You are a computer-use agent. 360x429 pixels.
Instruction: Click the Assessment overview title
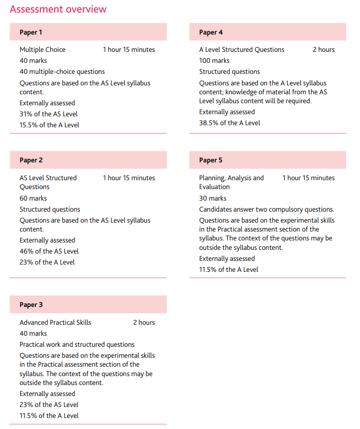click(x=58, y=9)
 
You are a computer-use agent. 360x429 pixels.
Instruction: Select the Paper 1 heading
click(x=31, y=32)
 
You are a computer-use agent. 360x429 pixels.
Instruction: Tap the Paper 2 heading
click(x=31, y=160)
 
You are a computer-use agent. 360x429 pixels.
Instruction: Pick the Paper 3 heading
click(x=31, y=304)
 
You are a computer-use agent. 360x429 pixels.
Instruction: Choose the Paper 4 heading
click(x=211, y=32)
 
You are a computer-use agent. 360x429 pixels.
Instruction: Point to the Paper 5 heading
click(x=211, y=160)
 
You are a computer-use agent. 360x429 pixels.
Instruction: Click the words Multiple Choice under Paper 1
click(x=42, y=50)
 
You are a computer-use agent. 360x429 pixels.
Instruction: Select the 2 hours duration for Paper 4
click(x=323, y=50)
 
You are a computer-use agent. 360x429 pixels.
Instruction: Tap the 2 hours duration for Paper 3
click(x=144, y=323)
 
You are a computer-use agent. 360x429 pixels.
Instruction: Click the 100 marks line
click(x=214, y=61)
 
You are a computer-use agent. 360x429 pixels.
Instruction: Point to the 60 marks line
click(x=33, y=199)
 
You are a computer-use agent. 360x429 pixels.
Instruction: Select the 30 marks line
click(x=213, y=199)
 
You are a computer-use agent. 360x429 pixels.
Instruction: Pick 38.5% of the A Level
click(x=230, y=123)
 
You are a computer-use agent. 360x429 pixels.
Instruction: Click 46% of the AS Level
click(x=49, y=251)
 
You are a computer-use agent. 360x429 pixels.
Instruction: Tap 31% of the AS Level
click(x=49, y=114)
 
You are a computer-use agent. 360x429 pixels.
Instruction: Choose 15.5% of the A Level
click(x=49, y=125)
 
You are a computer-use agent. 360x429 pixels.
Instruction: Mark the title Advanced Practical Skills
click(x=55, y=323)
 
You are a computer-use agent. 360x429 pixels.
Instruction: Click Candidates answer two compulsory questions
click(x=266, y=210)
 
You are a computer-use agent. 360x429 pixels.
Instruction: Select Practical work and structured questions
click(x=77, y=345)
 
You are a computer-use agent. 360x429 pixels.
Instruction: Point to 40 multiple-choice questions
click(x=62, y=72)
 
